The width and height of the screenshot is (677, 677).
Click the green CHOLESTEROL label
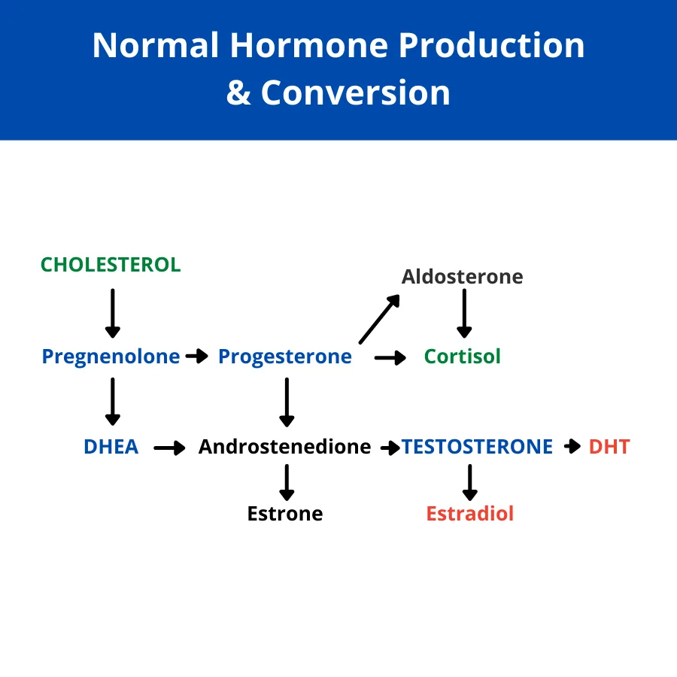pyautogui.click(x=111, y=265)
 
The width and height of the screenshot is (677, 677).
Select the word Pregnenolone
pyautogui.click(x=111, y=357)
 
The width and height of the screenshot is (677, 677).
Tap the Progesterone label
pyautogui.click(x=285, y=357)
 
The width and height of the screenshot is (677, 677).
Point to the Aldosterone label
pyautogui.click(x=463, y=277)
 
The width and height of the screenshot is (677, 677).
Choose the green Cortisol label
pyautogui.click(x=463, y=357)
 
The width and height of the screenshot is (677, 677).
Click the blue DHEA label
pyautogui.click(x=111, y=447)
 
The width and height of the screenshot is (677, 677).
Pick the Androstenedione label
pyautogui.click(x=284, y=447)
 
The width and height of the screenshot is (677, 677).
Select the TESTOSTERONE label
pyautogui.click(x=477, y=447)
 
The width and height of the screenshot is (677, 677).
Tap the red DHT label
pyautogui.click(x=609, y=447)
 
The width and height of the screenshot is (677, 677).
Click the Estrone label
pyautogui.click(x=285, y=514)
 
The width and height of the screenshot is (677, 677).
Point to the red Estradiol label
pyautogui.click(x=469, y=514)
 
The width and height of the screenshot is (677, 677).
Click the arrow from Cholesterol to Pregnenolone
pyautogui.click(x=113, y=314)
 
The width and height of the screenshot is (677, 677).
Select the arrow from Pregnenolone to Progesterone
pyautogui.click(x=197, y=357)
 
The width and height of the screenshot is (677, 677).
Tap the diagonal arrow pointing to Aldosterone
pyautogui.click(x=380, y=319)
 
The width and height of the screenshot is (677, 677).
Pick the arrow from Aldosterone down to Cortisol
pyautogui.click(x=464, y=314)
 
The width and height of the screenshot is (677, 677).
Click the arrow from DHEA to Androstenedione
pyautogui.click(x=170, y=448)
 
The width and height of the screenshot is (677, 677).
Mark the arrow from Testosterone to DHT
pyautogui.click(x=572, y=446)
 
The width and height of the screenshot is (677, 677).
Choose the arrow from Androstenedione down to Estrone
pyautogui.click(x=287, y=482)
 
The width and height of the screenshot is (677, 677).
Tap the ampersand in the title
pyautogui.click(x=238, y=93)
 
